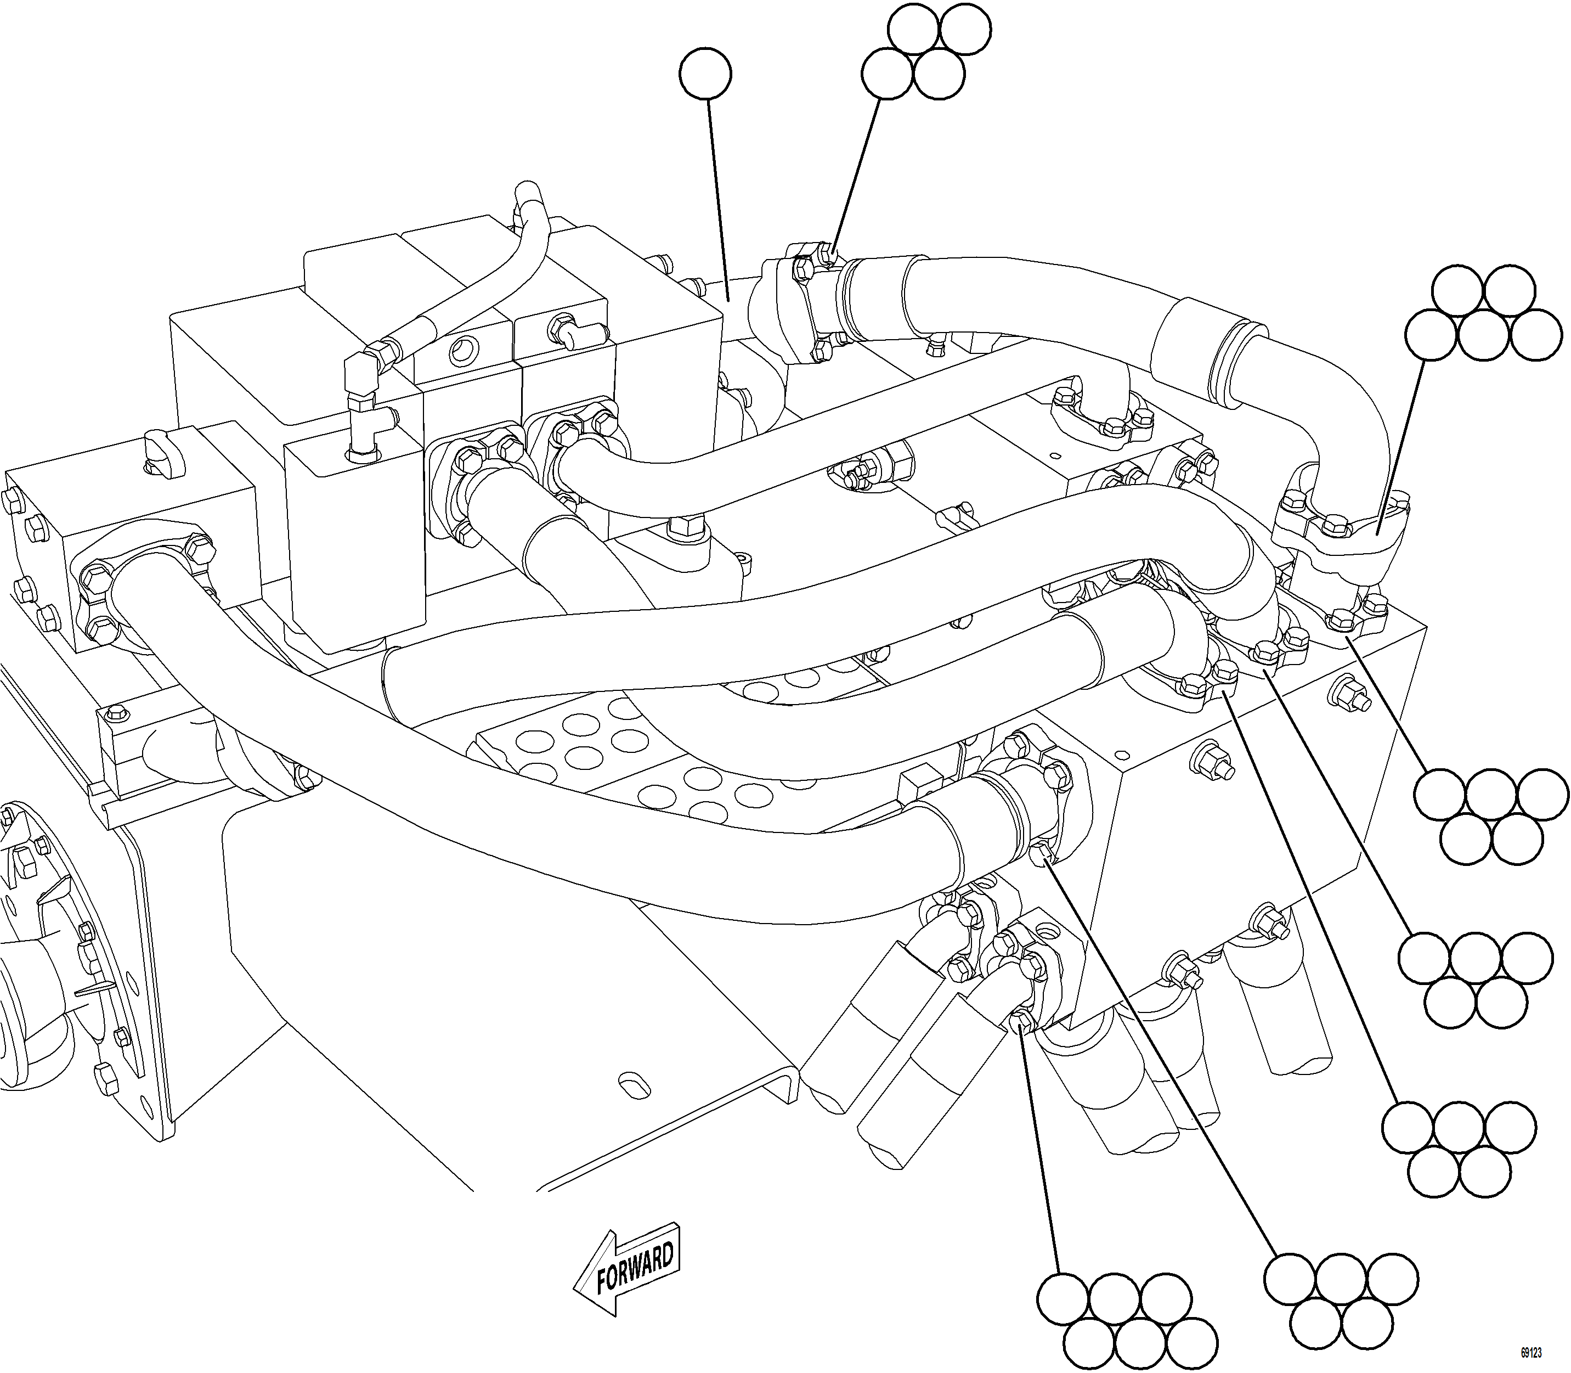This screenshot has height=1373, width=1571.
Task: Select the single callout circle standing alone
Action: pos(705,74)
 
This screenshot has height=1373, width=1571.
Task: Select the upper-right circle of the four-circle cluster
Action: pos(965,29)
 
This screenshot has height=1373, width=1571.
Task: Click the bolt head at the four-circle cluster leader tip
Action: pos(825,251)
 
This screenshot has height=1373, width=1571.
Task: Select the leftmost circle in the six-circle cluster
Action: pos(1431,334)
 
